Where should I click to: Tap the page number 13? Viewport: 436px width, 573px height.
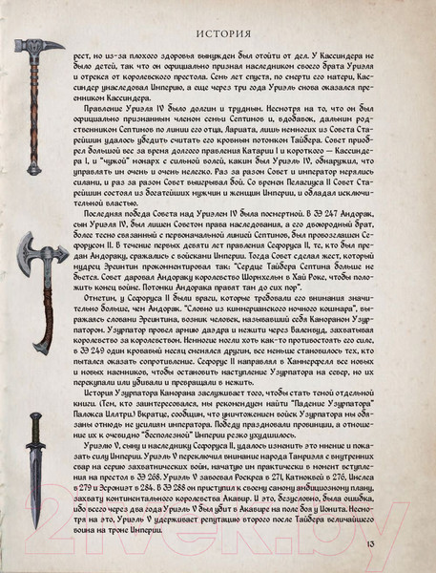(x=409, y=545)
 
